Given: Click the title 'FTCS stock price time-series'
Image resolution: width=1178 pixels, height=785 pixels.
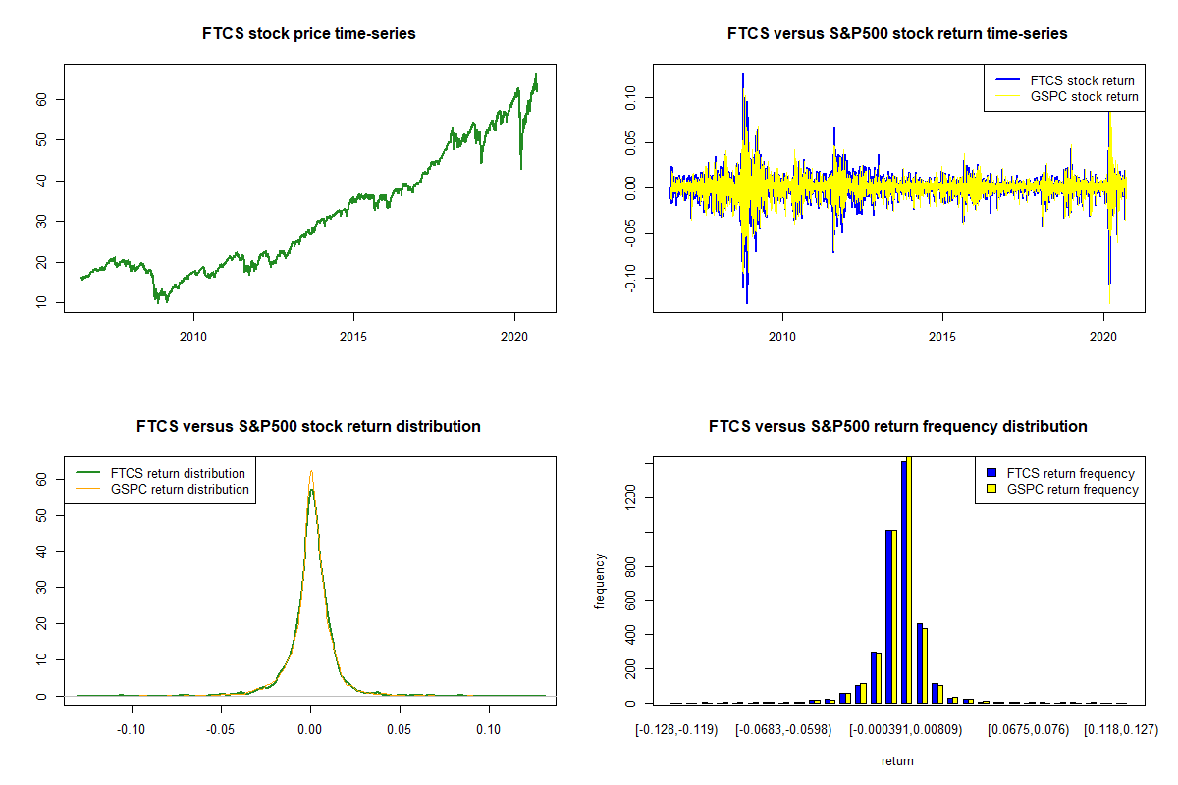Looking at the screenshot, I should pyautogui.click(x=309, y=34).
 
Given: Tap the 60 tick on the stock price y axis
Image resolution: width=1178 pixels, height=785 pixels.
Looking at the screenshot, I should pyautogui.click(x=49, y=99).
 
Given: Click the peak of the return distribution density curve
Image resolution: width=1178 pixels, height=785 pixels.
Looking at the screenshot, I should pyautogui.click(x=310, y=472).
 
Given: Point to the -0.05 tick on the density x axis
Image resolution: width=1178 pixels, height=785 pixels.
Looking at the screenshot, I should pyautogui.click(x=221, y=730).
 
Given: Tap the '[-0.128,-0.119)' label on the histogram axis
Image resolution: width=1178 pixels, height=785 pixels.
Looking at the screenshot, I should pyautogui.click(x=677, y=730).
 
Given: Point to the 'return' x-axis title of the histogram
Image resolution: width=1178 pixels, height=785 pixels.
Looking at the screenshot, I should pyautogui.click(x=897, y=760).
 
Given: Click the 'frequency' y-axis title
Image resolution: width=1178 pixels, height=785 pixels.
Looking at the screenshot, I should pyautogui.click(x=601, y=582).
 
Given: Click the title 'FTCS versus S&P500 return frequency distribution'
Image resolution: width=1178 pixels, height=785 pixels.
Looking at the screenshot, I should pyautogui.click(x=897, y=427).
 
